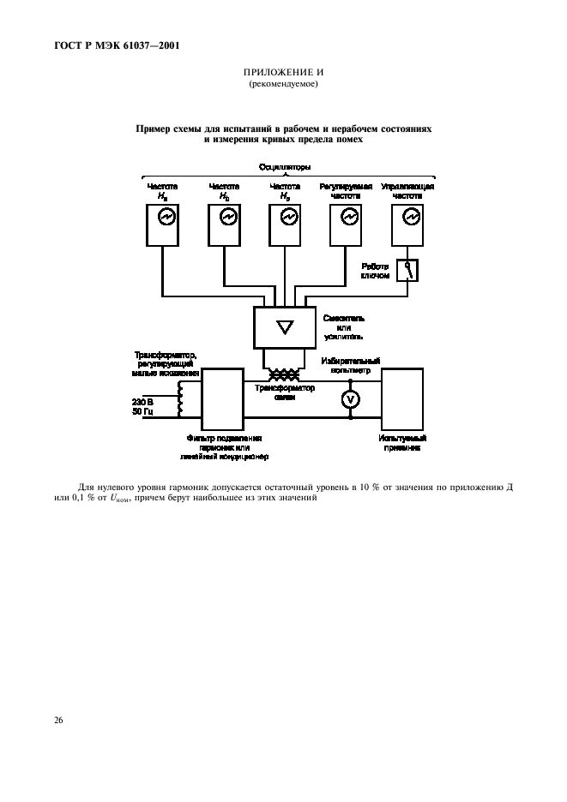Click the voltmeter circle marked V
(x=350, y=399)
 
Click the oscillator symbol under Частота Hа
(x=166, y=218)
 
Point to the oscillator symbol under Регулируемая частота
(x=348, y=218)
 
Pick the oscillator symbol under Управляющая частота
(x=409, y=218)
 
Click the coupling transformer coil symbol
(x=284, y=374)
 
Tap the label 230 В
(x=143, y=401)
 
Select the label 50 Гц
(x=143, y=412)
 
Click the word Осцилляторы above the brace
(x=284, y=166)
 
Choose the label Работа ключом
(x=374, y=271)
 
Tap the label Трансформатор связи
(x=284, y=392)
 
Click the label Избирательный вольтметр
(x=351, y=367)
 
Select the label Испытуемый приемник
(x=401, y=442)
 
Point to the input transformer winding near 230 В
(x=181, y=398)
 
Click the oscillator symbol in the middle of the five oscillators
(x=287, y=218)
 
